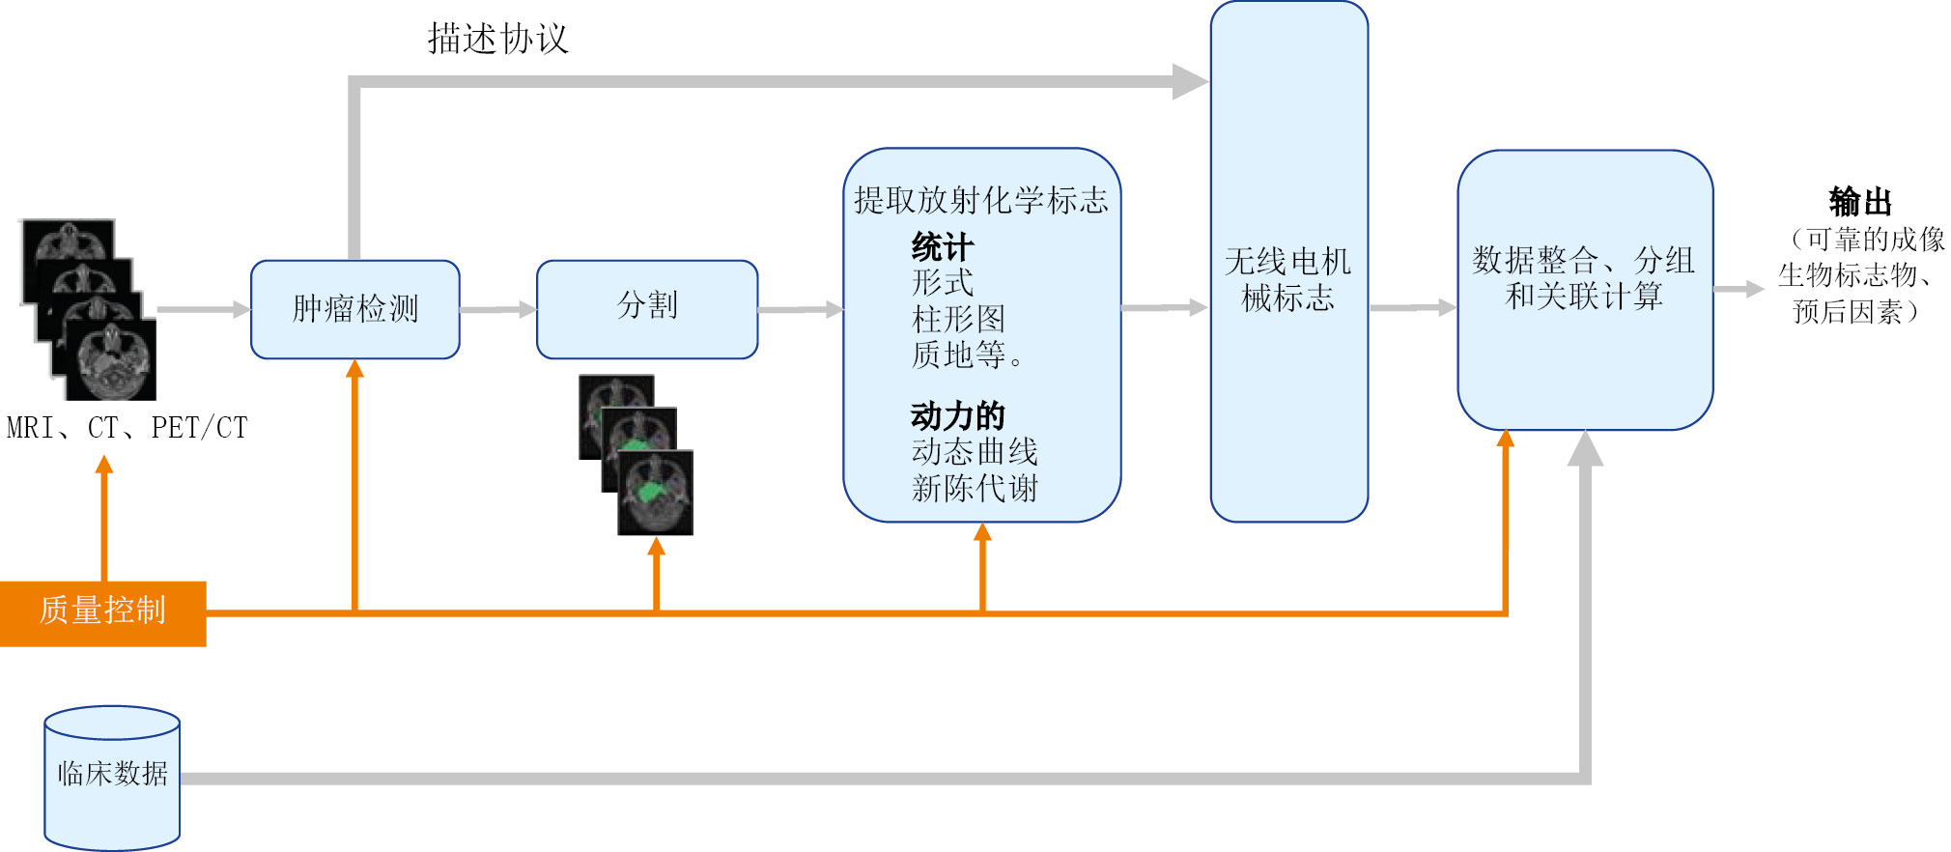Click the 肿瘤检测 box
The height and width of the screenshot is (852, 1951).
tap(354, 309)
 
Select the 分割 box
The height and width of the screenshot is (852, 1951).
tap(646, 309)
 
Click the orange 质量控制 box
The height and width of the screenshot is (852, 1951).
tap(102, 612)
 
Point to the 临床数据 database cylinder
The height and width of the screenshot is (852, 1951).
tap(112, 777)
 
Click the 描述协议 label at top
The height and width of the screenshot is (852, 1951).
tap(497, 40)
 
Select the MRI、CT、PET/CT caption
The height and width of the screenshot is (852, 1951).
tap(127, 428)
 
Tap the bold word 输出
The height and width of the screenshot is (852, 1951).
tap(1859, 202)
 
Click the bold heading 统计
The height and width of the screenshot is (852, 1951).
tap(942, 247)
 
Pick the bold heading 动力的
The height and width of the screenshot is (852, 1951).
tap(957, 416)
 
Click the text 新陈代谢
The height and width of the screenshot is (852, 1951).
tap(974, 488)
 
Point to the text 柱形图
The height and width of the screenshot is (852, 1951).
tap(957, 319)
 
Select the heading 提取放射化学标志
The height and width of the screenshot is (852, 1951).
tap(980, 200)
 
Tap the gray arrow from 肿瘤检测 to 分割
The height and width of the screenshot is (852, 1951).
tap(497, 309)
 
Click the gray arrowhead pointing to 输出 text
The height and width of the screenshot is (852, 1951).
tap(1752, 289)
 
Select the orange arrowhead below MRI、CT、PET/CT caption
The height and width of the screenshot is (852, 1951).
tap(104, 466)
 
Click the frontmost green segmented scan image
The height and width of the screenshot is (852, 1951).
tap(656, 493)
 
